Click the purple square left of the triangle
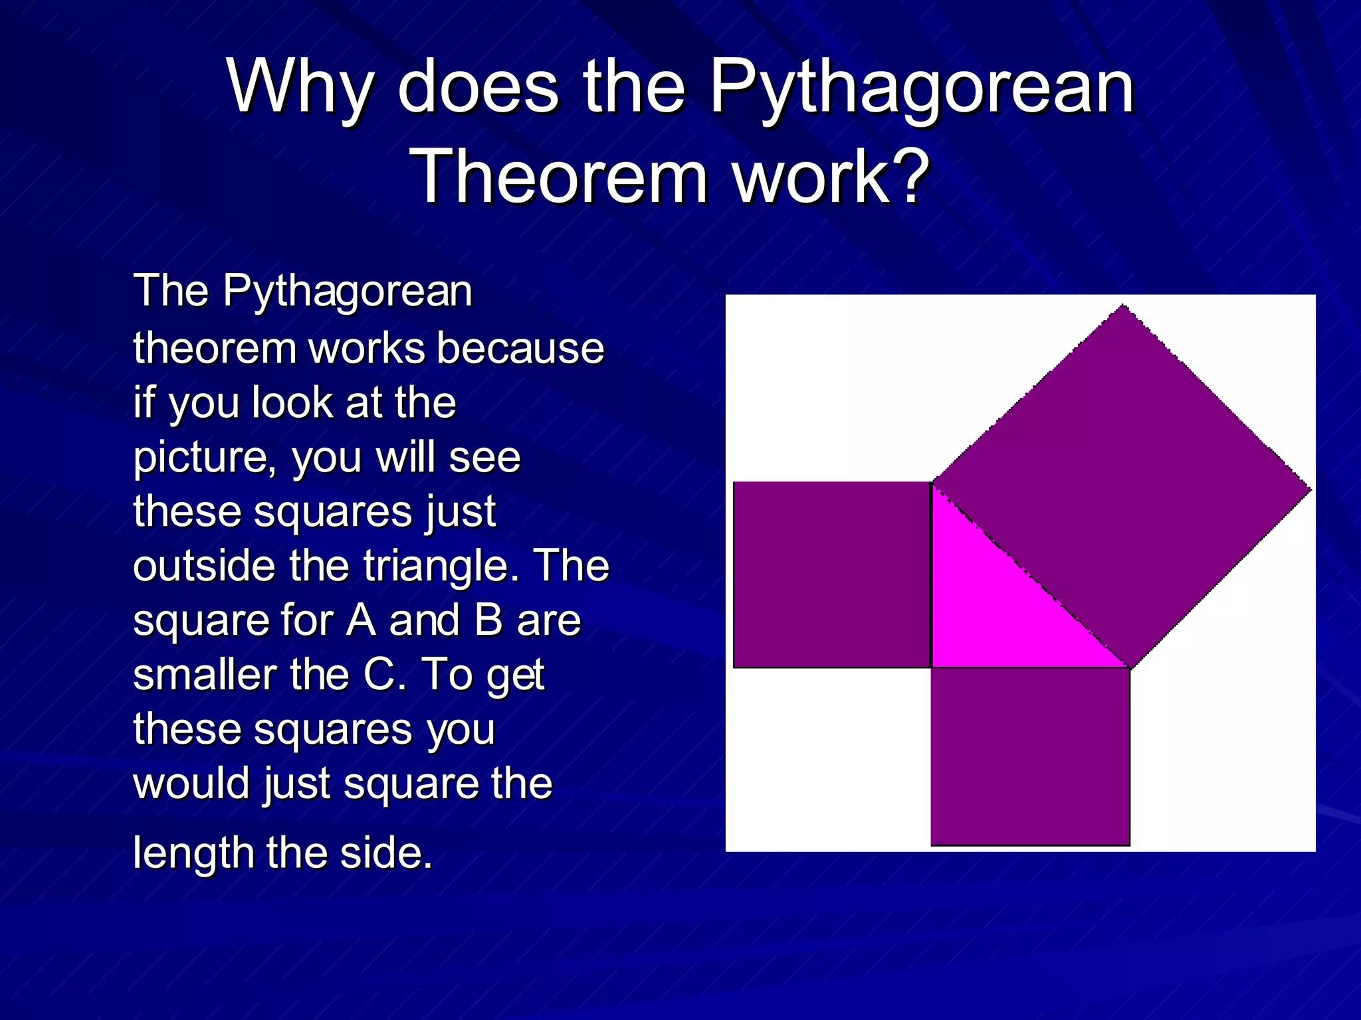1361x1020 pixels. (831, 574)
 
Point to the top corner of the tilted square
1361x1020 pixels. (1123, 306)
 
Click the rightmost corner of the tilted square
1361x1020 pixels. (1310, 490)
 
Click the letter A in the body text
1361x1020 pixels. (361, 620)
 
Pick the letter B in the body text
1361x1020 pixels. (488, 620)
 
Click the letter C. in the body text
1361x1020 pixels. (384, 675)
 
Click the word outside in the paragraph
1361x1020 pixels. (204, 566)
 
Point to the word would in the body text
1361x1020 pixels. (192, 784)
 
